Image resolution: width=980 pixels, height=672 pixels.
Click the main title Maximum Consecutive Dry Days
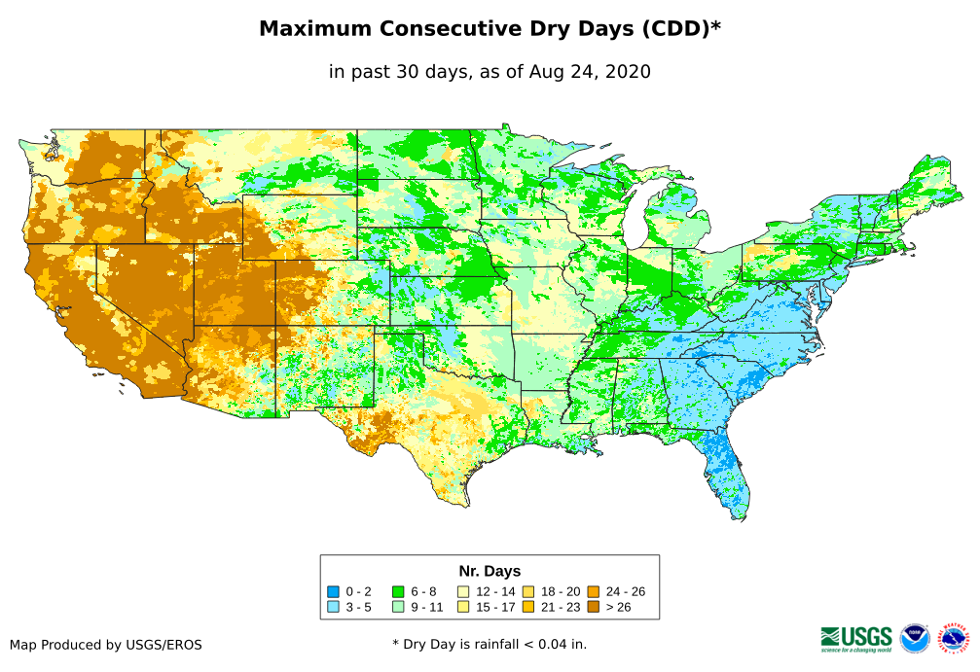pos(490,29)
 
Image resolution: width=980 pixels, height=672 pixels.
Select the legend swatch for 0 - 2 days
pos(334,591)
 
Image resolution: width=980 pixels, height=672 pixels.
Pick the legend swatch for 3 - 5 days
pos(334,607)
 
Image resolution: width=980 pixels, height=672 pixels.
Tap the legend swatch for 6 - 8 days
pos(398,591)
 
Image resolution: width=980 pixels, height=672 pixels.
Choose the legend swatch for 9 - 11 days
pos(398,607)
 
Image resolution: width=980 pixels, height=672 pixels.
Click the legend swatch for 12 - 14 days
pos(463,591)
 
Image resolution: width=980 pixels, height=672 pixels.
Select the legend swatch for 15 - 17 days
pos(463,607)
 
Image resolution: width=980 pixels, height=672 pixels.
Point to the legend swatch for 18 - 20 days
pos(527,591)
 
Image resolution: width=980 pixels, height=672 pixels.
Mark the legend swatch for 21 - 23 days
pos(527,607)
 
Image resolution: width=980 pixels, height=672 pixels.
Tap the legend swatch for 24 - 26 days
pos(593,591)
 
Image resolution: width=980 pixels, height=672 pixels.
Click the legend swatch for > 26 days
pos(593,607)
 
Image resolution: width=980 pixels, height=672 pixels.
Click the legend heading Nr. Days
pos(490,571)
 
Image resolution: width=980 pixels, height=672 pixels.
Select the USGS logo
pos(856,638)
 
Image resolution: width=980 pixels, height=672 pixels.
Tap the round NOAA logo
pos(915,638)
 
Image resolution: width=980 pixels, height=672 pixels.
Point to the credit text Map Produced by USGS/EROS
pos(106,645)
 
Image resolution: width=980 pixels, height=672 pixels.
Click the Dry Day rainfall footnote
pos(490,644)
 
